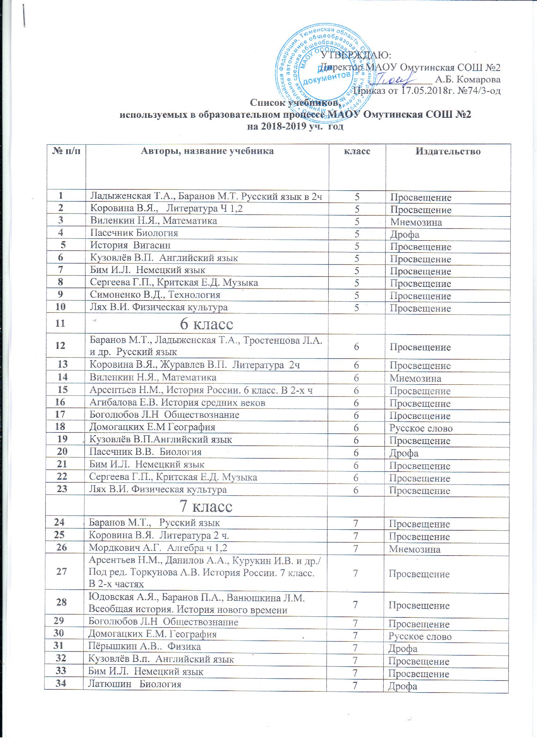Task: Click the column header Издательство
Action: (448, 151)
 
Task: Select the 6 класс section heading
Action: (207, 324)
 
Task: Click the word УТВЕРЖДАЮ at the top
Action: (356, 55)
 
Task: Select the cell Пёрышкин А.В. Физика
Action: (145, 646)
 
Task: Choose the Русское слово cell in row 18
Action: (421, 428)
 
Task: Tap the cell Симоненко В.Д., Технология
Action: (155, 295)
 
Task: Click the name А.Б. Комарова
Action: (468, 79)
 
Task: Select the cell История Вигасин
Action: (130, 245)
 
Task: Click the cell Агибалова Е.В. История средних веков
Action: (177, 403)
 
